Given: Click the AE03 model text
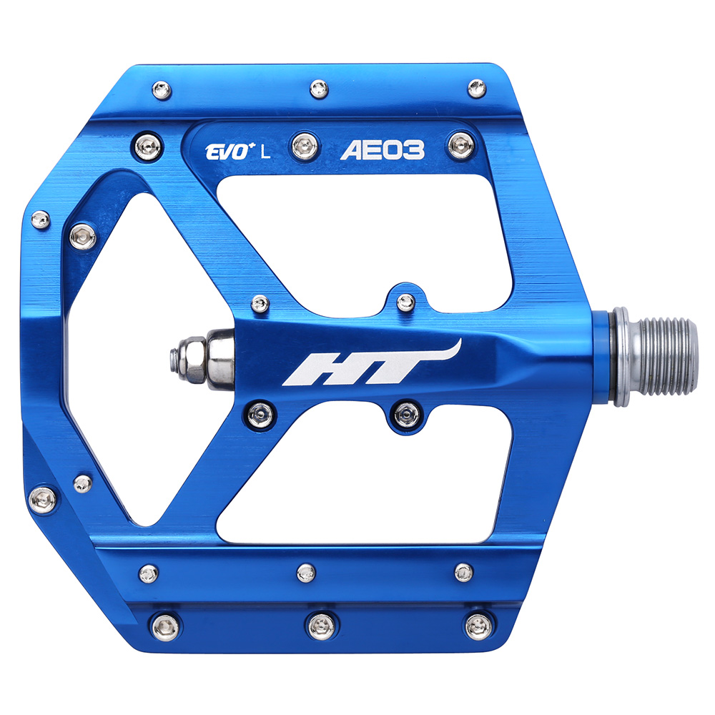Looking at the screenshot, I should [x=393, y=150].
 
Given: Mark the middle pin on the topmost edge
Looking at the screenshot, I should [x=319, y=89].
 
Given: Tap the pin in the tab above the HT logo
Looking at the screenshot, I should [x=406, y=302].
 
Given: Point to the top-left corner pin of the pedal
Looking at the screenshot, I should [x=162, y=90].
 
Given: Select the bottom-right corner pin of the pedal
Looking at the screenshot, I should [x=478, y=626].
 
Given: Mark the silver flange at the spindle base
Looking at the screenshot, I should [x=619, y=355].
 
